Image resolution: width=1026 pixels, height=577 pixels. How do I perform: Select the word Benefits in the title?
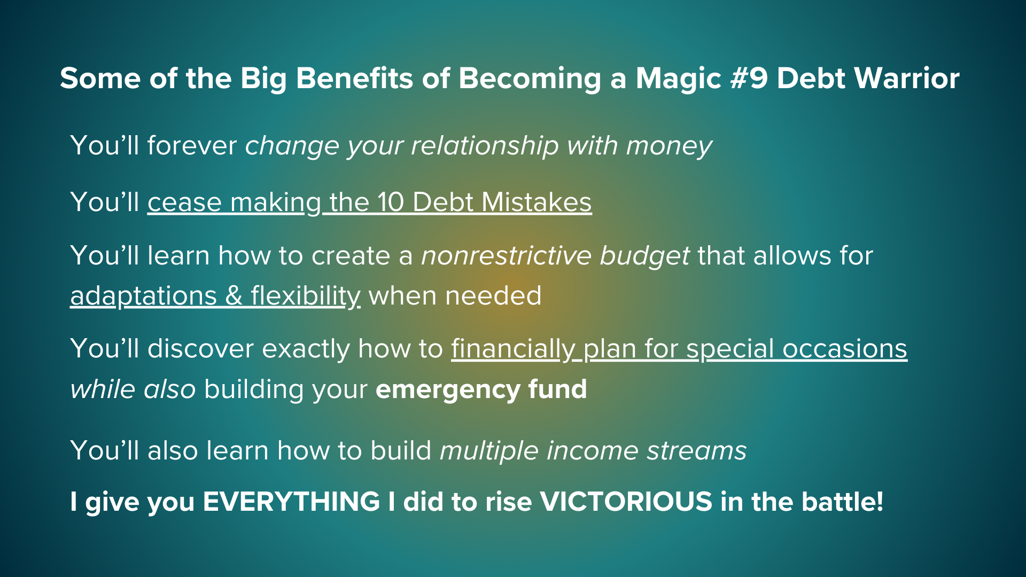point(354,79)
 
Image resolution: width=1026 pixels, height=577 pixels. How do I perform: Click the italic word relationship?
point(485,146)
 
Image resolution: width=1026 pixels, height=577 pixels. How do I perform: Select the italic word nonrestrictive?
point(507,256)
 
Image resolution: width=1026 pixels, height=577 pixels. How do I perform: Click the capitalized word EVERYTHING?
point(292,502)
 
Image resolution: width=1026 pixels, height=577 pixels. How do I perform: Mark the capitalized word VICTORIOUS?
point(626,502)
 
